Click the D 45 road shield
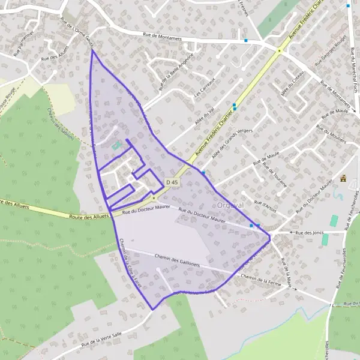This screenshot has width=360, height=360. [172, 182]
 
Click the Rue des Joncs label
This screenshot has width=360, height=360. [310, 232]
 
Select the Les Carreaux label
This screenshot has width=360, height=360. [204, 89]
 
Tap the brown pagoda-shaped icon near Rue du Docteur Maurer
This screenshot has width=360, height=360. [344, 178]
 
